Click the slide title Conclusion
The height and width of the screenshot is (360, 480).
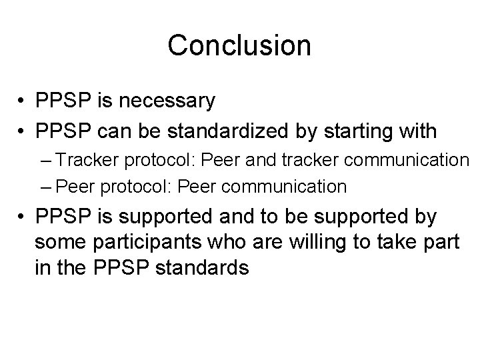click(239, 45)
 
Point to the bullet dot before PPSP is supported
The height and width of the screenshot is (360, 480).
click(23, 217)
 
